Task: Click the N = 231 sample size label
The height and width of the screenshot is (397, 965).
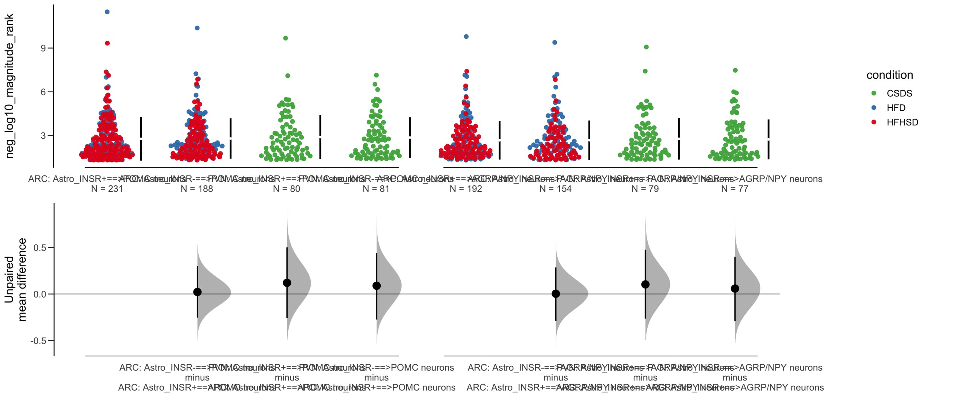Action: click(107, 189)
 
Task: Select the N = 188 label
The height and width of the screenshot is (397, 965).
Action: click(196, 189)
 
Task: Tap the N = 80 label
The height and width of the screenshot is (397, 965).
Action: click(286, 189)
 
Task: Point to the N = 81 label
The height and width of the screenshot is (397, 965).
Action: click(375, 189)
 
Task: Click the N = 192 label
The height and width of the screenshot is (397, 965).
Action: click(466, 189)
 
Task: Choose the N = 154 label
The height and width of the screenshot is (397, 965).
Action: click(555, 189)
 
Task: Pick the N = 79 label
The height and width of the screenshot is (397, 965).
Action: click(645, 189)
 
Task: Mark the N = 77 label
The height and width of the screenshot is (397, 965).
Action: click(734, 189)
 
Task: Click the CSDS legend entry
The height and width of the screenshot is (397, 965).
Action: click(899, 93)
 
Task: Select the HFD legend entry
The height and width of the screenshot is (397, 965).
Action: click(896, 108)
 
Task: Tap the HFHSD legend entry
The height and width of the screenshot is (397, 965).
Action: click(902, 122)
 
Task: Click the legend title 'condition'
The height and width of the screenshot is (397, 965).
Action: click(889, 75)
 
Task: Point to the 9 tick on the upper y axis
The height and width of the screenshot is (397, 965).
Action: click(44, 48)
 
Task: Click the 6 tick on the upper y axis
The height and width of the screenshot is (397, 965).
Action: click(44, 92)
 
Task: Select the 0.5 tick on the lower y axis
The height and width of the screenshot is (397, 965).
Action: click(40, 247)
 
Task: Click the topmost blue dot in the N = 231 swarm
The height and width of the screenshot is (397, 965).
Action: click(107, 12)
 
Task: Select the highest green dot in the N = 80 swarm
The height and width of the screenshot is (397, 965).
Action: click(285, 38)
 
